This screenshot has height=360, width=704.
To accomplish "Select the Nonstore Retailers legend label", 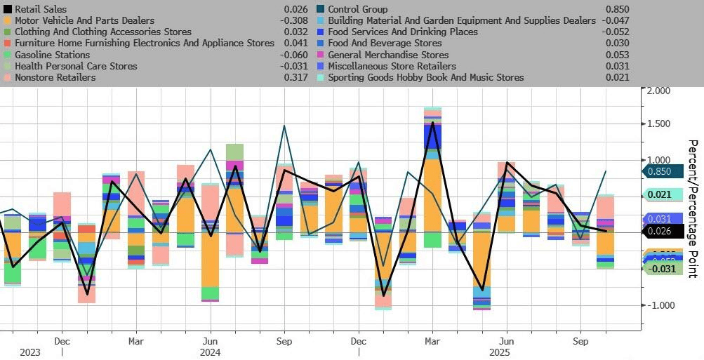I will [55, 77].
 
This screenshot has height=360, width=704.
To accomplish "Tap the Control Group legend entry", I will [357, 9].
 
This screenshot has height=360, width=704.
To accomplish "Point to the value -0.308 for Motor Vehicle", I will [295, 20].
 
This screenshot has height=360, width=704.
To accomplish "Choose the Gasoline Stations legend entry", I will [52, 55].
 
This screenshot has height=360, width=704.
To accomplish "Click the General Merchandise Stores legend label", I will [388, 55].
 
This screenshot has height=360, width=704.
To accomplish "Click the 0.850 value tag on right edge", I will [660, 171].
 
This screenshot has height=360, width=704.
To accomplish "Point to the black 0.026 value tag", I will [660, 231].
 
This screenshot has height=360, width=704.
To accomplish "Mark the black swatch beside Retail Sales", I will [8, 9].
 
